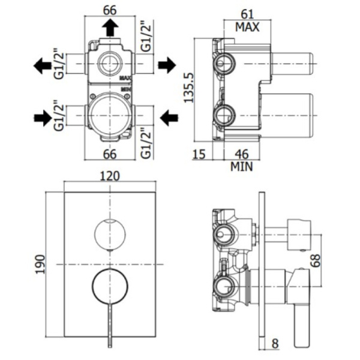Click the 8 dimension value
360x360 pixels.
(275, 344)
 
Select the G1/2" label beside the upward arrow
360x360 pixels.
(144, 37)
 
